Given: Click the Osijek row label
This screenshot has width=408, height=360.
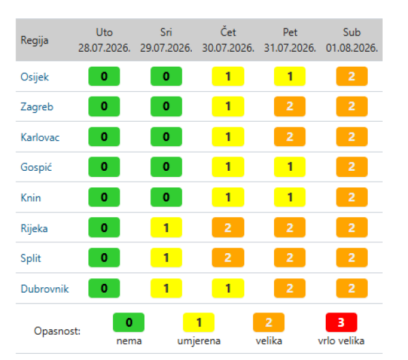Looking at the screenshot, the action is [35, 77].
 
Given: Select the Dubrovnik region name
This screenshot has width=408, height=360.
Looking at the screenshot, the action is [45, 289].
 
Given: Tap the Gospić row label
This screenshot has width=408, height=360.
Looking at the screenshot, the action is [36, 167].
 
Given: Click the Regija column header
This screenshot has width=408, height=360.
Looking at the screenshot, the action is [35, 40].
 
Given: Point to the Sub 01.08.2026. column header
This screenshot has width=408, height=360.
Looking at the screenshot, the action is [352, 40].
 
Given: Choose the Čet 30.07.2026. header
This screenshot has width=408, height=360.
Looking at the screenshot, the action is [228, 40].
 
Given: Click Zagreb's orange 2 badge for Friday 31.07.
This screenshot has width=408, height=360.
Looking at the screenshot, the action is [290, 106].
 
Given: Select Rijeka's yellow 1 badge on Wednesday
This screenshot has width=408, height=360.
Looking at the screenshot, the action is [167, 227].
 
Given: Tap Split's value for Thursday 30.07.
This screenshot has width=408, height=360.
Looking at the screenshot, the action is [228, 258].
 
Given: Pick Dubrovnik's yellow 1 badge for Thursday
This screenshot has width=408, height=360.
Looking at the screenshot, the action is [228, 288].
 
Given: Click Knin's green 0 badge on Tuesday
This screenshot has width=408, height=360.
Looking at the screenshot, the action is [104, 197].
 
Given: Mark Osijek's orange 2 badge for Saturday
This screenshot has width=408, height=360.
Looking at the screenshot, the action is [352, 76].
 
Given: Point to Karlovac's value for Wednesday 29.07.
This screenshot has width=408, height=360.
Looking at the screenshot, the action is [167, 137].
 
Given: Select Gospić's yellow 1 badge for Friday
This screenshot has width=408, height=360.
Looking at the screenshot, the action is [290, 167].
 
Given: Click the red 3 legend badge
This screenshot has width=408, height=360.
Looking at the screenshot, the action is [341, 323].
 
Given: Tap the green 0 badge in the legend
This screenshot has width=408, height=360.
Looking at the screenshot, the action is [129, 323].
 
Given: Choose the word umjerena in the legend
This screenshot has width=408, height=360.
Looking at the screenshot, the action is [199, 341].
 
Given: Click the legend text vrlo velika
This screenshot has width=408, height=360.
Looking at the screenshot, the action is [341, 341].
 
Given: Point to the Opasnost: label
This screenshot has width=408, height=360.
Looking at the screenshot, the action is [57, 331].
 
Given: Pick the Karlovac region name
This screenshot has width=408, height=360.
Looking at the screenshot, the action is [40, 137].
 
